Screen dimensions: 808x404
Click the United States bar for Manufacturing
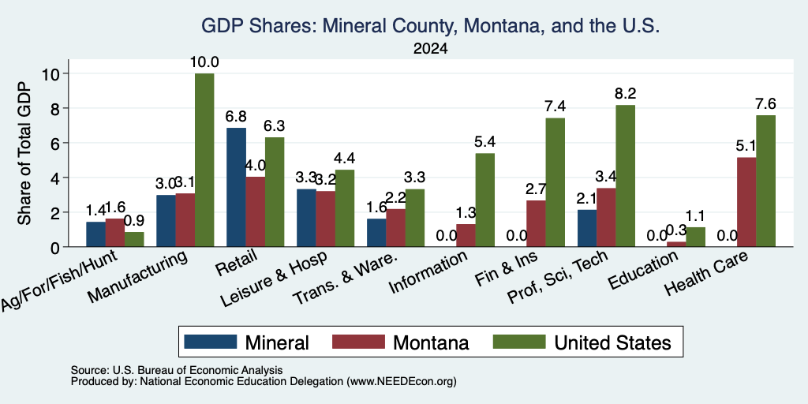point(204,160)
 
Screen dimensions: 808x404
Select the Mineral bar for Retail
point(236,188)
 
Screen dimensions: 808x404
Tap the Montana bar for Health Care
point(746,202)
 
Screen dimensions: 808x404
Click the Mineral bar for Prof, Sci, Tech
point(587,228)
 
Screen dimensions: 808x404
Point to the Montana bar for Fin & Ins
point(536,223)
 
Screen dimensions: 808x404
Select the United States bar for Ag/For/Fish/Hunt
point(134,240)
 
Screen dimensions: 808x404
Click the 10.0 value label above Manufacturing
point(204,62)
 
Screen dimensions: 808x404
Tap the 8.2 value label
point(625,94)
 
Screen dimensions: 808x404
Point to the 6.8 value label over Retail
point(236,117)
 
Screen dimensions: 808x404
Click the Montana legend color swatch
point(358,342)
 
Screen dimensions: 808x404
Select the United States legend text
point(612,342)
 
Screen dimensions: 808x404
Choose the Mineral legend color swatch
point(210,342)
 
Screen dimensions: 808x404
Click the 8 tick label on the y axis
point(56,108)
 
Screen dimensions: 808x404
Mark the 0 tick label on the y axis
point(56,247)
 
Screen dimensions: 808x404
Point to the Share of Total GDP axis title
point(24,152)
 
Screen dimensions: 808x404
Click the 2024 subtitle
point(430,49)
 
